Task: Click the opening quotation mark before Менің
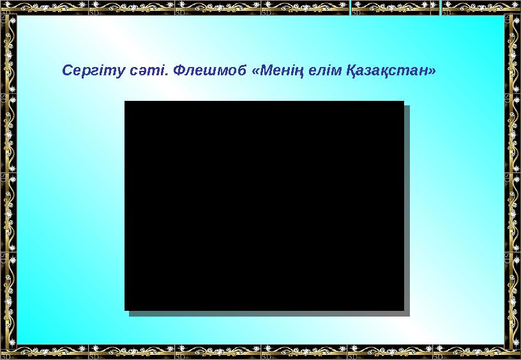coord(257,70)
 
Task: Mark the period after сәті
coord(165,73)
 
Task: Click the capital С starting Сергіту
coord(66,70)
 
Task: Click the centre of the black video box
coord(264,205)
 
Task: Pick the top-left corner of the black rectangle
coord(125,101)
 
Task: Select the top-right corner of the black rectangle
coord(404,101)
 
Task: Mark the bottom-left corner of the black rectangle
coord(125,310)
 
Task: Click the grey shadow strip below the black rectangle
coord(268,313)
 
